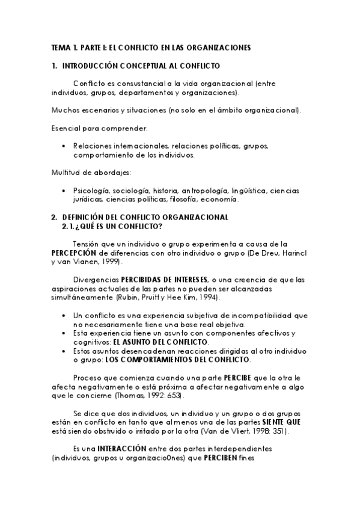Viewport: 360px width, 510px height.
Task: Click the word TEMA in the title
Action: click(59, 46)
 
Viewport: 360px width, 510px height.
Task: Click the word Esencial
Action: click(63, 128)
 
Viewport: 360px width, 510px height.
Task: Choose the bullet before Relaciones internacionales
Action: click(64, 146)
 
